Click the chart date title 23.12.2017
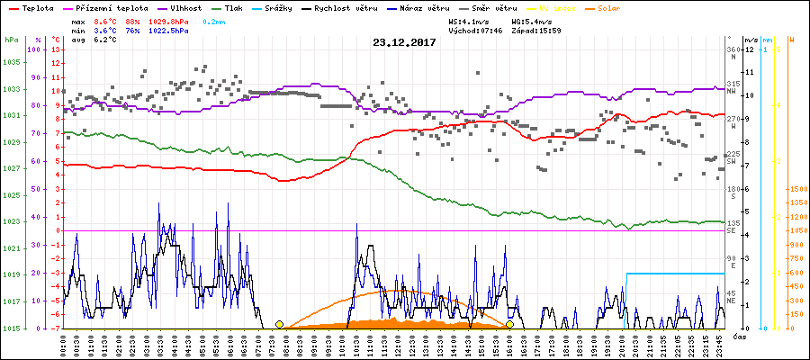pyautogui.click(x=404, y=42)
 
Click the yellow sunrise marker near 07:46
pyautogui.click(x=279, y=324)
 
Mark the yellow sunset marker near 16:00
pyautogui.click(x=509, y=324)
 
